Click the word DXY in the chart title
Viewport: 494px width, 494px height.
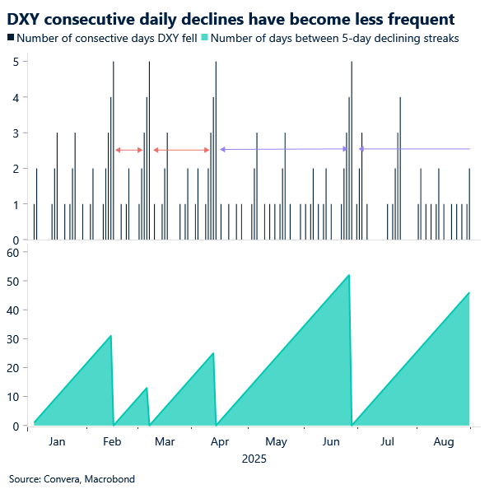(26, 20)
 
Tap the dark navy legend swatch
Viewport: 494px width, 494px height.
(11, 38)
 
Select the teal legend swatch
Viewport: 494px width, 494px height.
(204, 38)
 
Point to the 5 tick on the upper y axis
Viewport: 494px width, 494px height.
(16, 62)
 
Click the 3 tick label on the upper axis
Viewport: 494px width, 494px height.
(16, 133)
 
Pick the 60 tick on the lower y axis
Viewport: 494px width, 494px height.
(13, 253)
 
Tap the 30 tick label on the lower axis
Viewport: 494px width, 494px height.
(13, 339)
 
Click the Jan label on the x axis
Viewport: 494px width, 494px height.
(57, 441)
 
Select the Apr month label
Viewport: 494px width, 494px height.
(220, 442)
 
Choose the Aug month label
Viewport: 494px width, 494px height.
(444, 442)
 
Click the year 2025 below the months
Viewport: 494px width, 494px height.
(254, 459)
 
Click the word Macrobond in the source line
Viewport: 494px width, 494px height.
(110, 479)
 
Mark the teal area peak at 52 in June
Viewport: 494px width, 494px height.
(349, 275)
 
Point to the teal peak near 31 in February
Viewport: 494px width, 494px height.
(110, 336)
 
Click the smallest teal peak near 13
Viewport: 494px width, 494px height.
(147, 388)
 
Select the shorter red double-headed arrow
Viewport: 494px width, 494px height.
(129, 151)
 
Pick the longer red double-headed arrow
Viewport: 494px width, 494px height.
(181, 151)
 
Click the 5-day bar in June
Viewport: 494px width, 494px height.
(352, 151)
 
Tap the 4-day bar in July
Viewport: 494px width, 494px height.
(400, 169)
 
